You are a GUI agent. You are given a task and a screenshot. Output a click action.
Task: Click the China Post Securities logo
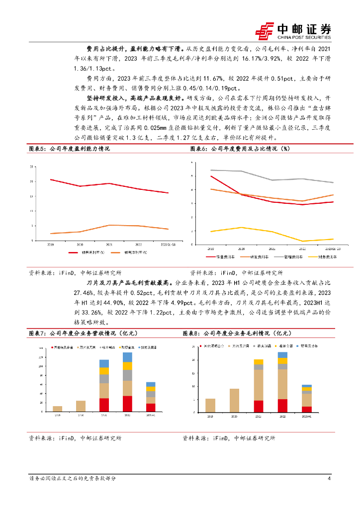(x=293, y=31)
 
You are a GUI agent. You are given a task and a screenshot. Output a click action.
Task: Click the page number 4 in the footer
(x=329, y=479)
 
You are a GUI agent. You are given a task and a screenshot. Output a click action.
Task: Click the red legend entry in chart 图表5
(x=88, y=253)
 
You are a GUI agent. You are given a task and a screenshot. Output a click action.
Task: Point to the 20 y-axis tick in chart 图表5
(x=32, y=181)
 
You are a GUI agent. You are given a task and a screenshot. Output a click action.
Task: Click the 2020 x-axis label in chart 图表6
(x=241, y=247)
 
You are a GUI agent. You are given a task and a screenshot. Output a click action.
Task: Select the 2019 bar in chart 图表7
(x=57, y=409)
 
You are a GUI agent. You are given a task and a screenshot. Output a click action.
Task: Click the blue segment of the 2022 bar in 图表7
(x=127, y=357)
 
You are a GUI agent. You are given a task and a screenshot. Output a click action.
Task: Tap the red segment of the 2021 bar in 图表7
(x=104, y=405)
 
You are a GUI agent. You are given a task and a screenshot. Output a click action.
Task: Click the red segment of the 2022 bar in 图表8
(x=282, y=406)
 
